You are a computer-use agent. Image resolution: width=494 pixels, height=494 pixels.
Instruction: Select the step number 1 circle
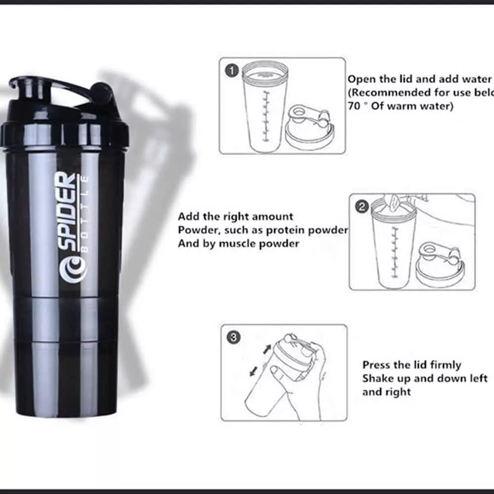231,71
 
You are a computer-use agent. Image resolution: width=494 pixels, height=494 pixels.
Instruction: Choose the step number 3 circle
233,338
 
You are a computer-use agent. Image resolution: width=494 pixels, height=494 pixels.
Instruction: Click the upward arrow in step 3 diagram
267,349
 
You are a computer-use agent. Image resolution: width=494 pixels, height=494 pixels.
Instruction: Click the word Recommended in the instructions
386,92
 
